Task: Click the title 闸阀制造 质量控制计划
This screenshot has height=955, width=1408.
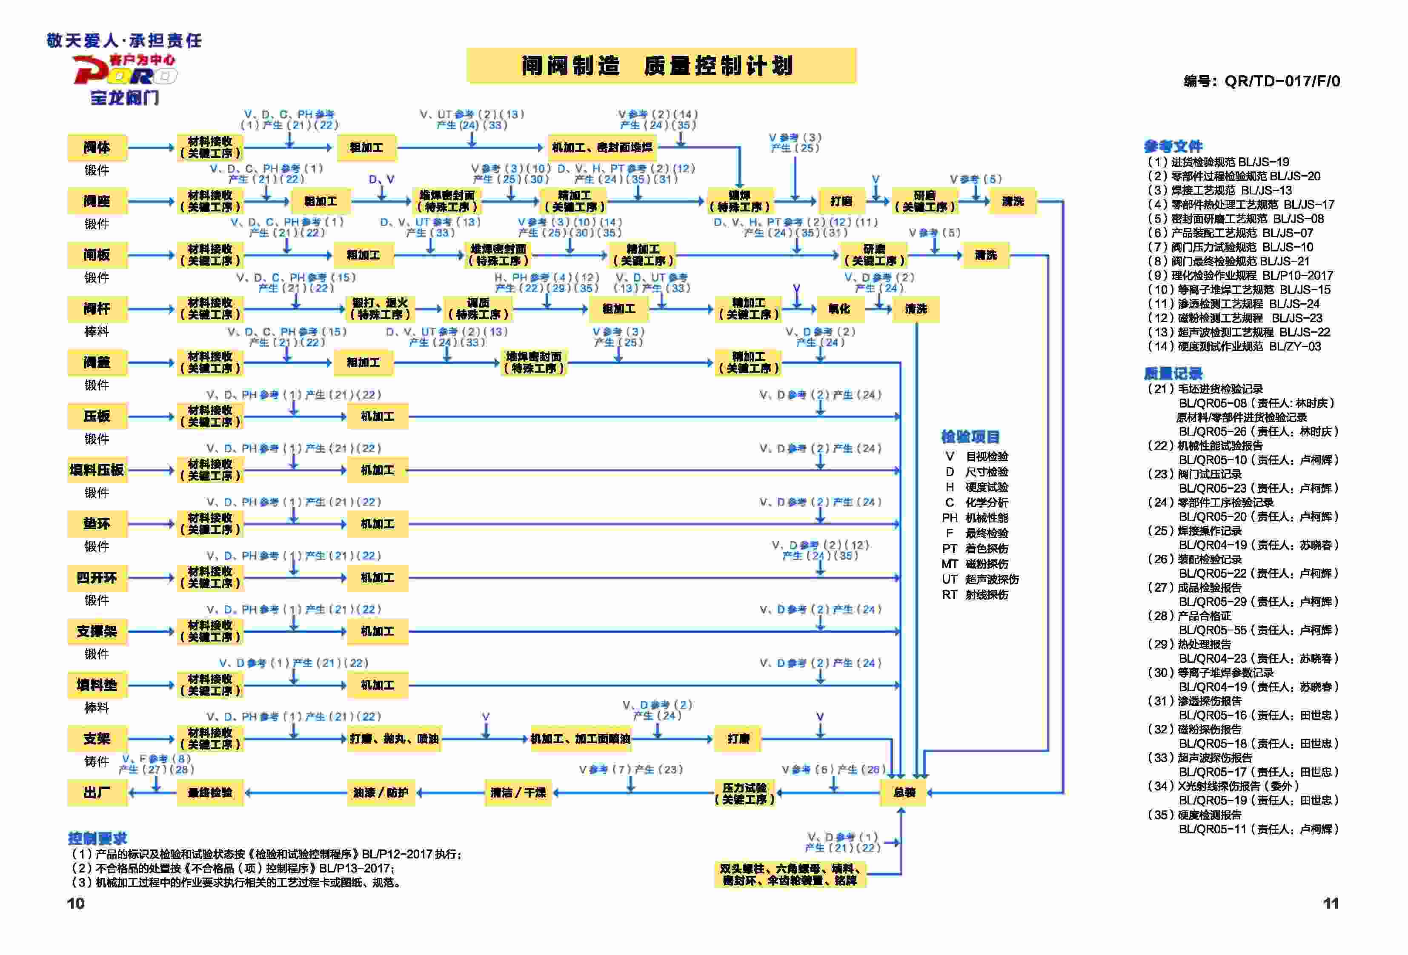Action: (661, 66)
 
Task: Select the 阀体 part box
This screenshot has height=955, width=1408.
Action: (97, 147)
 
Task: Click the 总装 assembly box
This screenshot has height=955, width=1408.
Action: (903, 792)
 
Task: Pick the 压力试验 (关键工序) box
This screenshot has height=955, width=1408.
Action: (744, 793)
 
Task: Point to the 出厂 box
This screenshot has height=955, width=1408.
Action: (97, 792)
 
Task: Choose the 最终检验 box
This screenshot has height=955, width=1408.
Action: (209, 792)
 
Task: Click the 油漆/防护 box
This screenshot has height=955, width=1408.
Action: (381, 792)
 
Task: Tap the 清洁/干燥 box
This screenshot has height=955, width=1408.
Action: (518, 792)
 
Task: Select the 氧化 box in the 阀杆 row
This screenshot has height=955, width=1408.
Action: (839, 309)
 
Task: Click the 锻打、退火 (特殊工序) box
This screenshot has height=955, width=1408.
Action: (380, 309)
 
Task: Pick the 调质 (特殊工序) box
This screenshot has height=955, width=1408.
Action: (478, 309)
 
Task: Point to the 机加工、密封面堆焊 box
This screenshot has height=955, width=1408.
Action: (601, 147)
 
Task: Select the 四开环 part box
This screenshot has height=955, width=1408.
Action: (97, 578)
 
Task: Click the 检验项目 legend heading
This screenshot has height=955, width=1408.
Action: (970, 436)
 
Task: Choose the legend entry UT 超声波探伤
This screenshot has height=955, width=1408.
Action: (980, 579)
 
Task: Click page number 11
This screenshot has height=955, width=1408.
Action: (1331, 903)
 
